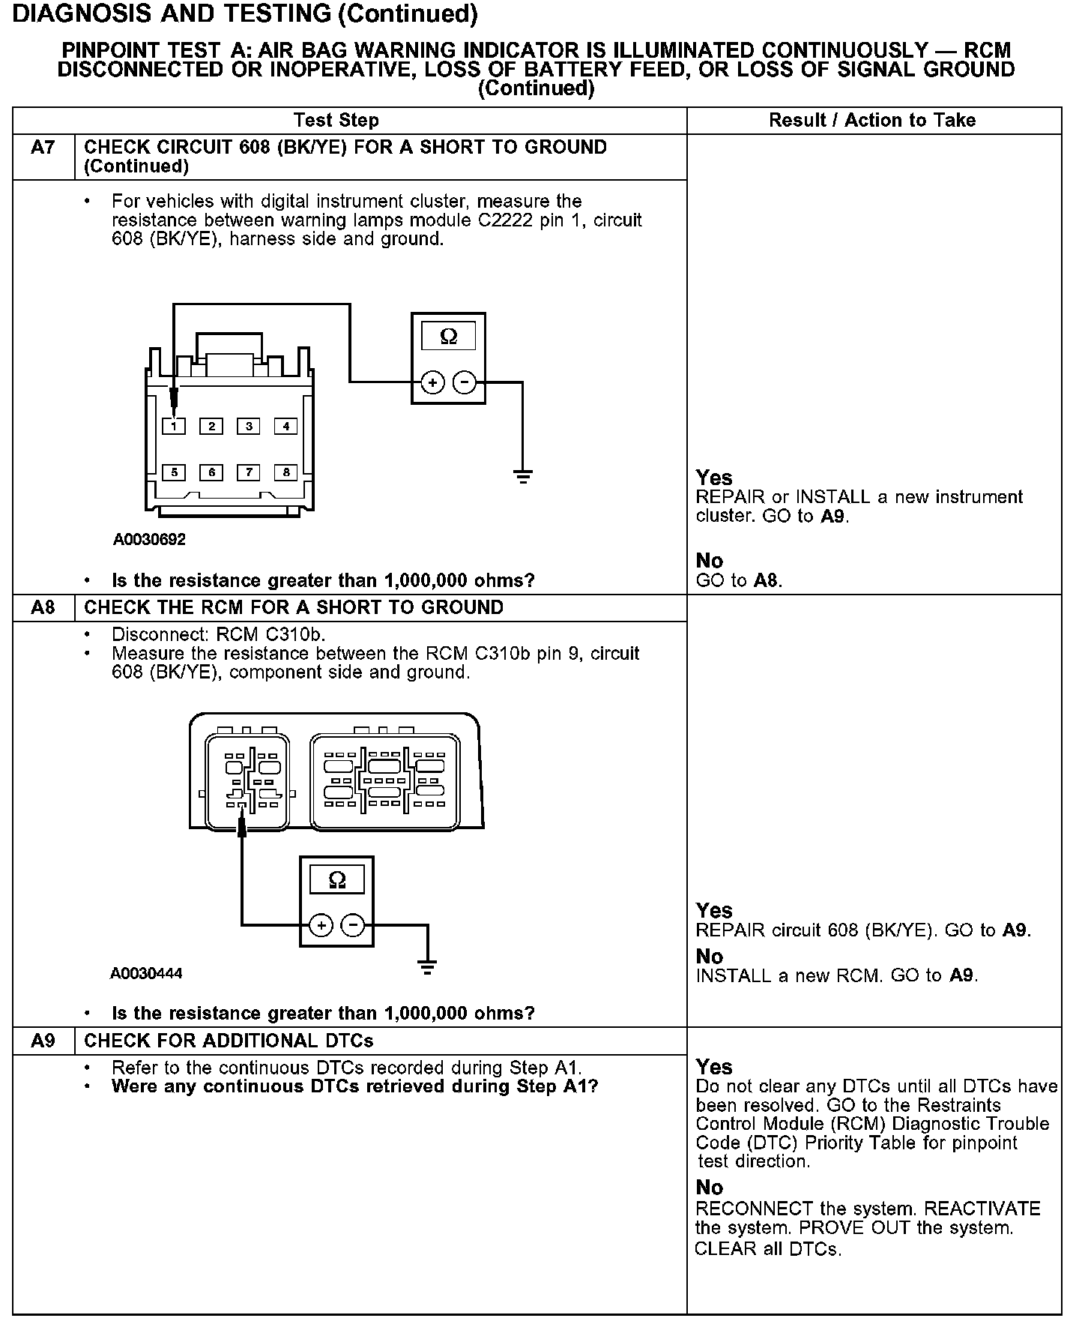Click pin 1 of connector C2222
[174, 427]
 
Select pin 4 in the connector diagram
[285, 427]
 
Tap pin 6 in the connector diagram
[212, 472]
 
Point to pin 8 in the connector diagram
[285, 472]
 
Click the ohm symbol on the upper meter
[448, 337]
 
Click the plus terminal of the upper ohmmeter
[432, 383]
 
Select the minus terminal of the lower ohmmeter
[353, 926]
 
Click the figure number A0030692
[149, 539]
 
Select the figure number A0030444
[146, 974]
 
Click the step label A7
[43, 148]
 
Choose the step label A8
[43, 607]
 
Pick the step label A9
[43, 1041]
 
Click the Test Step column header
[336, 121]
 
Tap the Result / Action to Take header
[872, 121]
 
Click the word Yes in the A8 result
[714, 910]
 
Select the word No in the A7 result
[710, 561]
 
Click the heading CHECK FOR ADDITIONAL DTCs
[229, 1041]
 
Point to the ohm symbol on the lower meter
[337, 879]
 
